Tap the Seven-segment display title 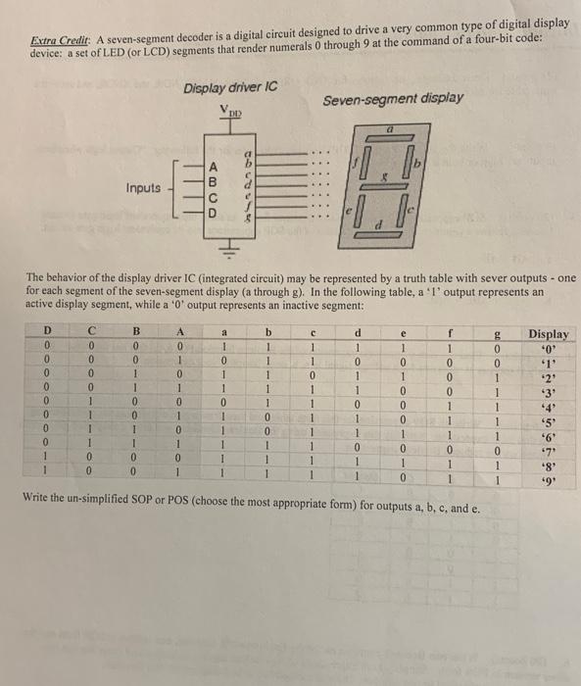coord(393,99)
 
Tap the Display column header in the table coord(548,335)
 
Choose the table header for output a coord(224,331)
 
